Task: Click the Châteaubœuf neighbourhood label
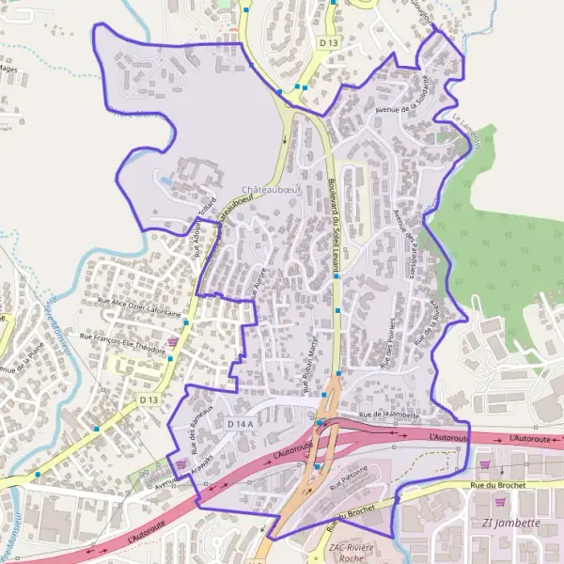(x=269, y=189)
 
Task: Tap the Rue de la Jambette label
(x=388, y=415)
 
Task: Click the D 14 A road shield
(x=241, y=425)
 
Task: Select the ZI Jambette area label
(x=509, y=524)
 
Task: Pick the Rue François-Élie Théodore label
(x=122, y=344)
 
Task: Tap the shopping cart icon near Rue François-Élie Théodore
(x=171, y=341)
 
